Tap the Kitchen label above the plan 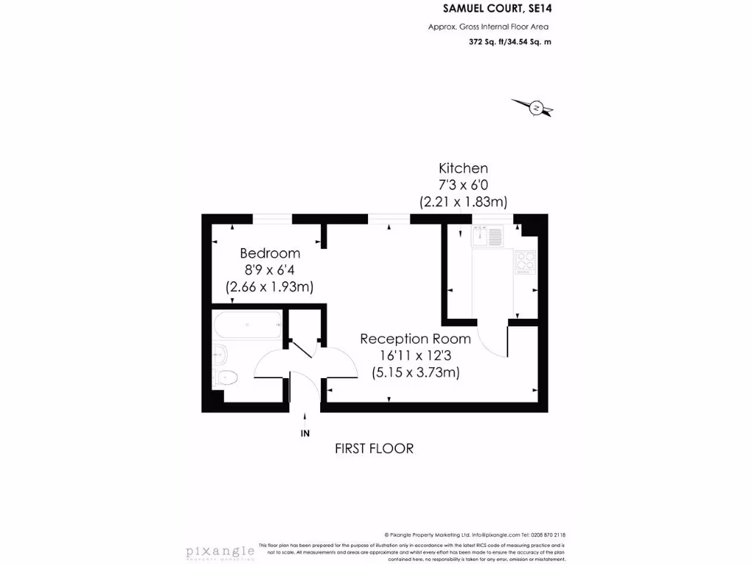[x=463, y=168]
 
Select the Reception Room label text [x=415, y=339]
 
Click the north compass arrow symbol [x=537, y=109]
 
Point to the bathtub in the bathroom [x=247, y=325]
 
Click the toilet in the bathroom [x=225, y=379]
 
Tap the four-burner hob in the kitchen [x=525, y=261]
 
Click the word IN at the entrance [x=305, y=434]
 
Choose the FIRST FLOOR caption [x=374, y=448]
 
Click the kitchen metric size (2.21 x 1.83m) [x=463, y=200]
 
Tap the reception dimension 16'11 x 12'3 [x=415, y=355]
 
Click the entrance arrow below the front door [x=305, y=418]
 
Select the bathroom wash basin [x=219, y=355]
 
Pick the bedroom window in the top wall [x=272, y=218]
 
